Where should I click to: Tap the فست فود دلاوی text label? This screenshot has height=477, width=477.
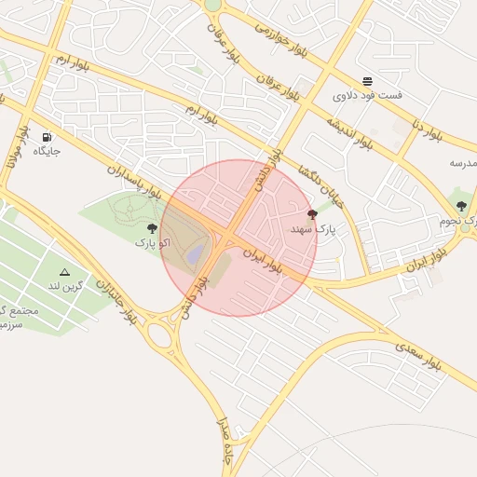coord(367,95)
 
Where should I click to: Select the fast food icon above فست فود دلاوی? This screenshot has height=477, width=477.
coord(367,81)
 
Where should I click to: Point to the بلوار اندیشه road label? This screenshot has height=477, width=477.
coord(350,134)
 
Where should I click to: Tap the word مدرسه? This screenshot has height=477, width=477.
coord(463,163)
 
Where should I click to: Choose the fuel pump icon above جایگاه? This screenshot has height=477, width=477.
coord(47,137)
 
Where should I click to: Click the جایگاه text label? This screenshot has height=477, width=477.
coord(47,151)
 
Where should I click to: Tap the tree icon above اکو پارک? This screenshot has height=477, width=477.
coord(152,228)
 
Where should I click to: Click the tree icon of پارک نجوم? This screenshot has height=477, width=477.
coord(461,206)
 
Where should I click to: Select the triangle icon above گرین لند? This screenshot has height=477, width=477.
coord(64,272)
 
